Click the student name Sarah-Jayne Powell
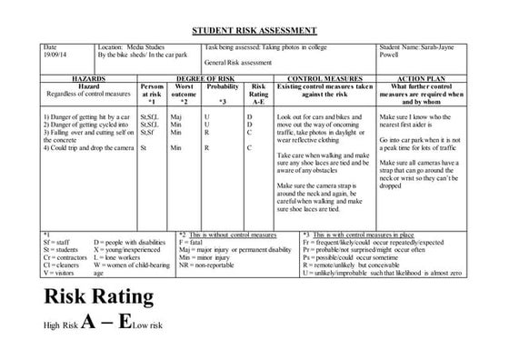[x=419, y=53]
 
